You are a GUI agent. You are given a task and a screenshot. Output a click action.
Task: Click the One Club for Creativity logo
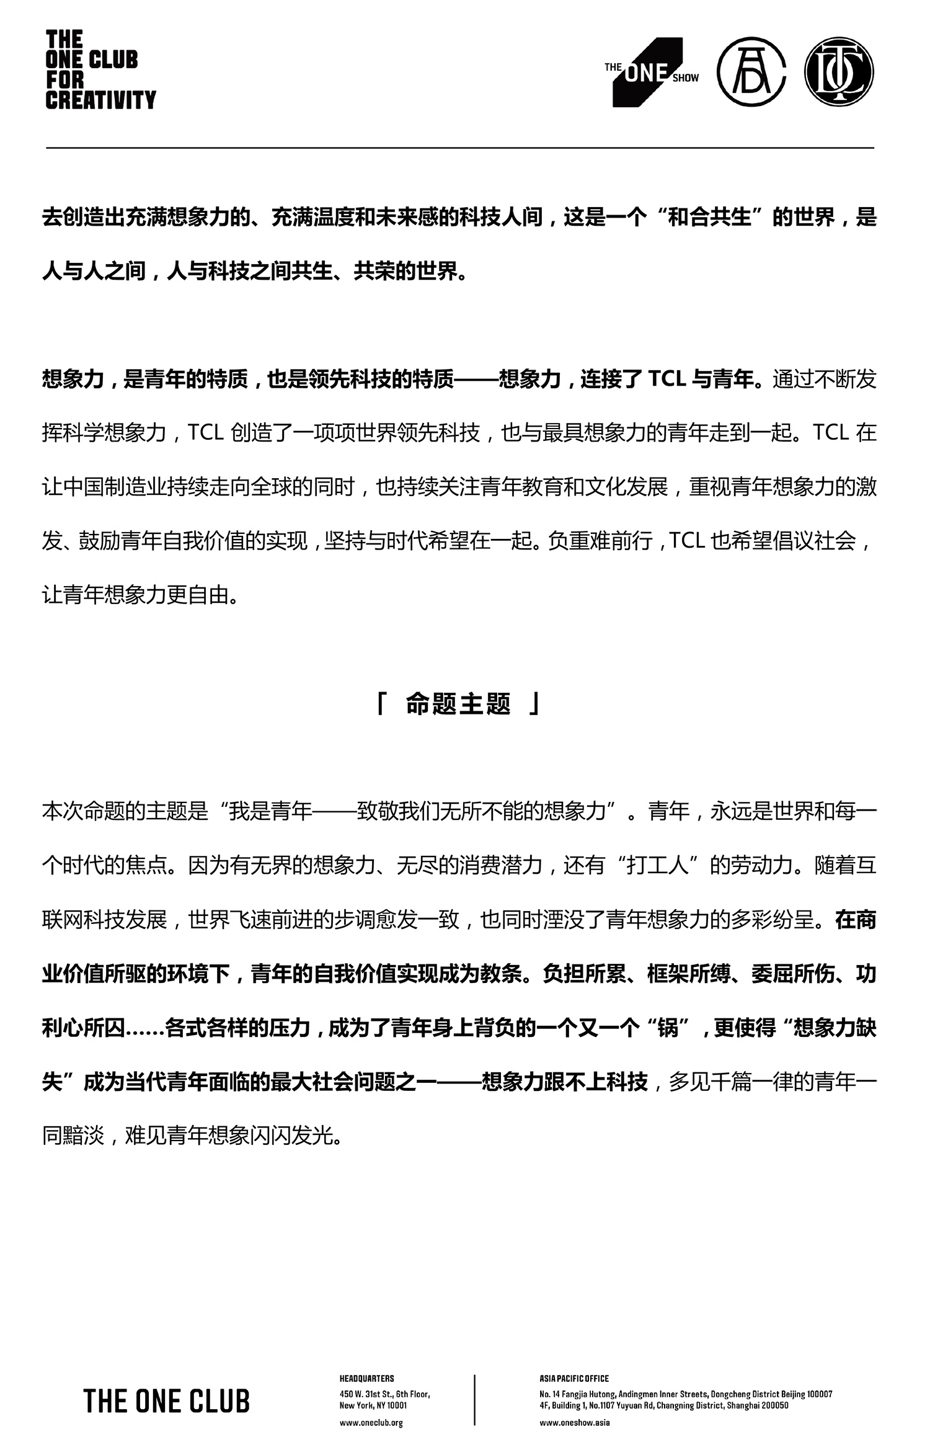coord(100,70)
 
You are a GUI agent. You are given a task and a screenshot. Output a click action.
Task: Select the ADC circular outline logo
coord(752,72)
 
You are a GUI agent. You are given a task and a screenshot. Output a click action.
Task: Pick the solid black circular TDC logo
coord(839,72)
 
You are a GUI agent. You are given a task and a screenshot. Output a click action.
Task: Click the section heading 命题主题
coord(458,705)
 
